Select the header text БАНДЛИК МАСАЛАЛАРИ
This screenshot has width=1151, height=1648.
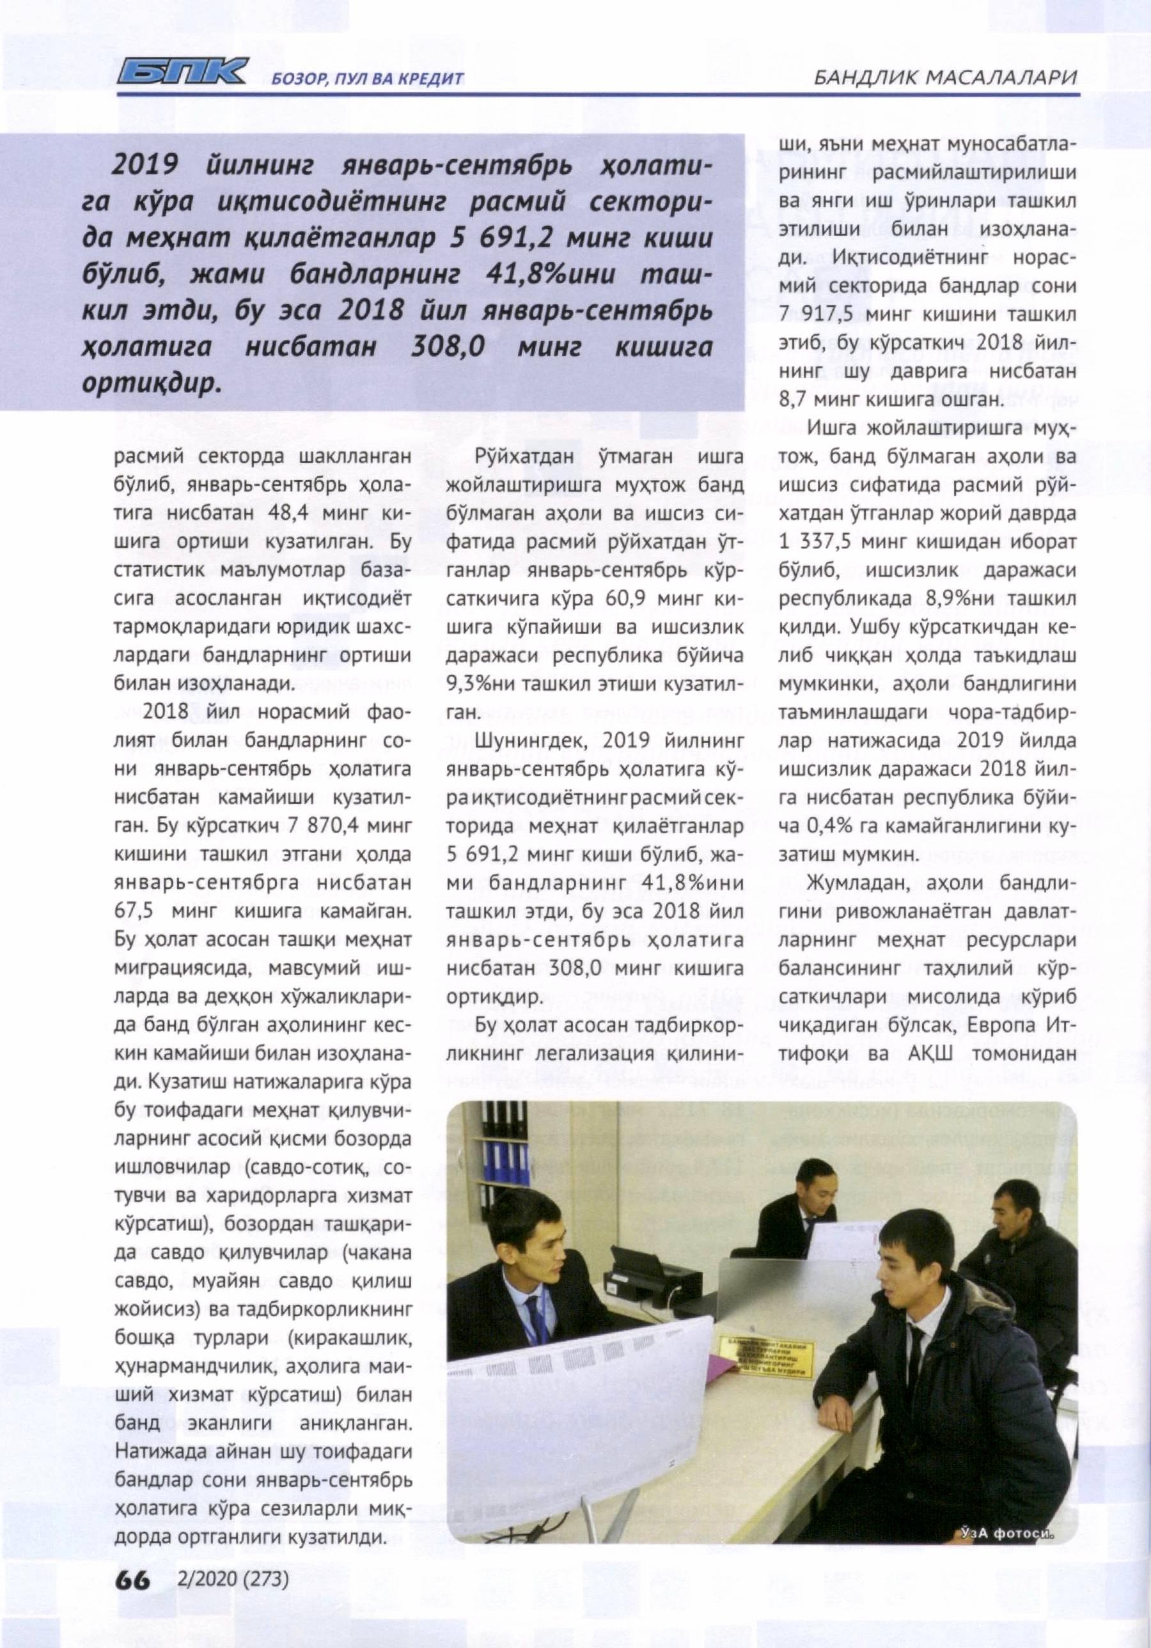(946, 77)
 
